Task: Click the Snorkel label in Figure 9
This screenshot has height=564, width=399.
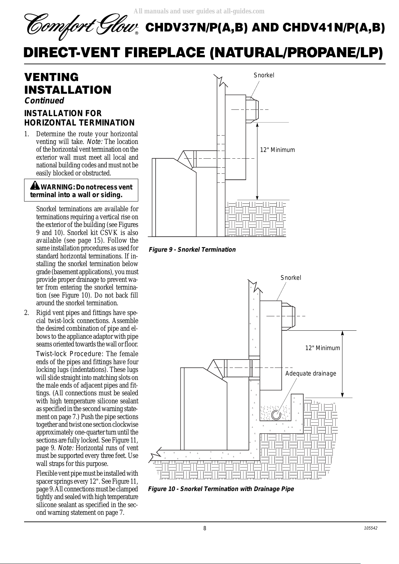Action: (264, 75)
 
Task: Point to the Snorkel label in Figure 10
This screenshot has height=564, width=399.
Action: (291, 278)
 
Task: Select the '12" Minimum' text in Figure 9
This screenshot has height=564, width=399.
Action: (277, 150)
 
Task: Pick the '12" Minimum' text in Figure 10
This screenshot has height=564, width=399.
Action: (322, 348)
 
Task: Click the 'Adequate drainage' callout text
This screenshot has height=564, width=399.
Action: (311, 374)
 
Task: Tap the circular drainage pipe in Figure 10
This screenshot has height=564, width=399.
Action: (276, 415)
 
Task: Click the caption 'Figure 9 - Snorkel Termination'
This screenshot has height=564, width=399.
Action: (192, 249)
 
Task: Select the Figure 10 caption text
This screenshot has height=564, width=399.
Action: (221, 489)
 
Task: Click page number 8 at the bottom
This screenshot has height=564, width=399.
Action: (205, 528)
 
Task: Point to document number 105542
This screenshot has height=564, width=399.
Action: (371, 528)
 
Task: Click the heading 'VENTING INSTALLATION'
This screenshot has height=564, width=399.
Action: (68, 84)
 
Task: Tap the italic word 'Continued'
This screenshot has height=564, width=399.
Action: (44, 100)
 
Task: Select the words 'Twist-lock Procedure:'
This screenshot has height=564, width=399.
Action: (70, 354)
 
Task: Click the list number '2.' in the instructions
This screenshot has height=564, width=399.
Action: (27, 313)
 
